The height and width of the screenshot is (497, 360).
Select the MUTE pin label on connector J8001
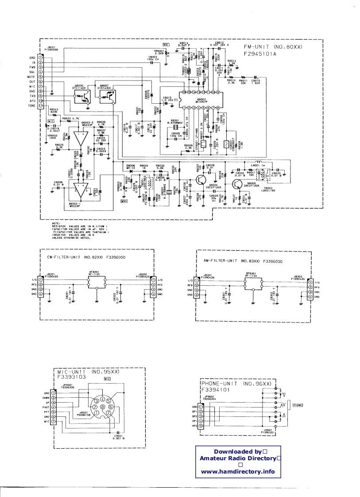click(x=32, y=77)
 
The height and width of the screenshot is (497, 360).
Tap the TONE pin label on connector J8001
click(x=32, y=106)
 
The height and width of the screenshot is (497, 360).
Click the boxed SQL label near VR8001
click(x=166, y=44)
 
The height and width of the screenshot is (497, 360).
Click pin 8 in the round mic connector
click(x=102, y=407)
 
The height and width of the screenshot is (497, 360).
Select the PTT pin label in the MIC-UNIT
click(x=46, y=412)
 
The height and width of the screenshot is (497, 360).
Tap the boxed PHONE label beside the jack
click(x=298, y=405)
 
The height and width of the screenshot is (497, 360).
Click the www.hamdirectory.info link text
click(x=238, y=471)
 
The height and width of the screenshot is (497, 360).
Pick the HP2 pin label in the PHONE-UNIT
click(x=194, y=426)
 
